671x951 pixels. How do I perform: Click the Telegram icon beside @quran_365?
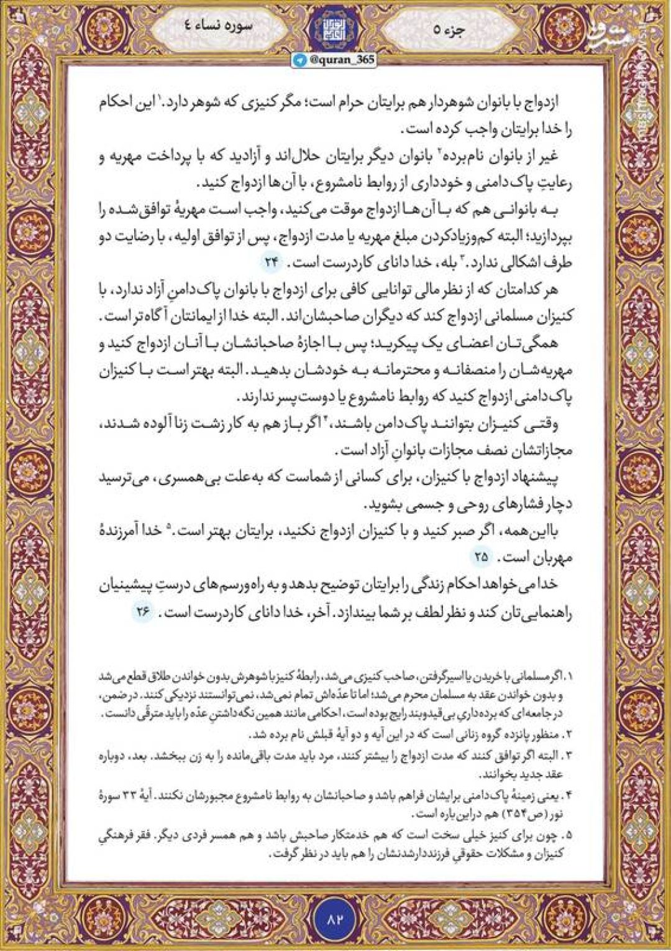pyautogui.click(x=301, y=58)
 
